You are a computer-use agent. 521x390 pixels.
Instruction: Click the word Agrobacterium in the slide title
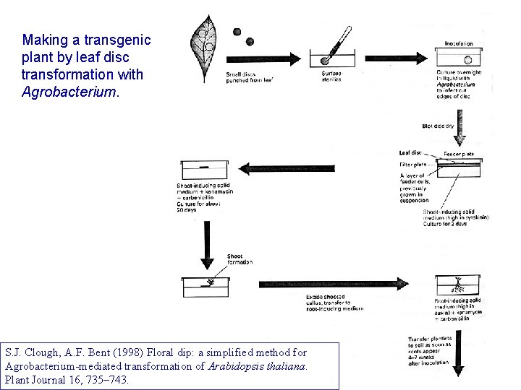click(x=68, y=92)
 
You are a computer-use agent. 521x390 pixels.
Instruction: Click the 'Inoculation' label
click(x=459, y=43)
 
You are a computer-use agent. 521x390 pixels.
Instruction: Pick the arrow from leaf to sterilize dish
click(x=263, y=58)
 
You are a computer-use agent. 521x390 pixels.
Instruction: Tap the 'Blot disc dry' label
click(x=439, y=126)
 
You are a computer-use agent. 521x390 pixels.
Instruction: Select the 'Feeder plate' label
click(x=459, y=154)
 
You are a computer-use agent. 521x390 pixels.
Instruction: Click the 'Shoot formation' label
click(x=240, y=259)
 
